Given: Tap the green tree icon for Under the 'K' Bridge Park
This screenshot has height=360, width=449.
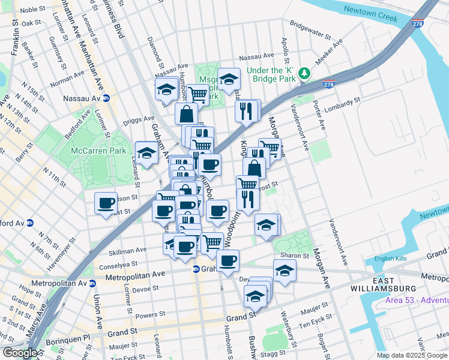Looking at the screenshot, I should click(x=306, y=73).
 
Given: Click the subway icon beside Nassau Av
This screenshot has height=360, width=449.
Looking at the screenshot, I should click(x=106, y=98).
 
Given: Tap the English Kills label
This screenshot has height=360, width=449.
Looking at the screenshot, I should click(x=390, y=259).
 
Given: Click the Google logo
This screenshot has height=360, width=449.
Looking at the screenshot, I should click(x=19, y=353).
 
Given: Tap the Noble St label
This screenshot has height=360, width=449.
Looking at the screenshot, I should click(x=34, y=9).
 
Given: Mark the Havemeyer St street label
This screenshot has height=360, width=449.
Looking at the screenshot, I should click(x=44, y=247).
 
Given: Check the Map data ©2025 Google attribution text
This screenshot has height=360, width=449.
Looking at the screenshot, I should click(x=412, y=355).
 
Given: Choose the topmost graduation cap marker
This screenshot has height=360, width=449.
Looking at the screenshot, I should click(x=229, y=79).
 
